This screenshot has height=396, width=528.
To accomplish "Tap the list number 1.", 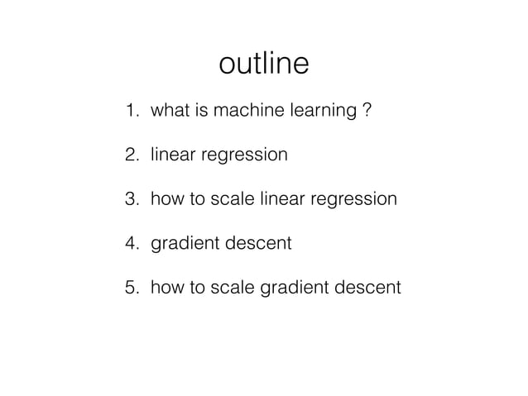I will [129, 110].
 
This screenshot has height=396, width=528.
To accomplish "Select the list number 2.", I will [130, 155].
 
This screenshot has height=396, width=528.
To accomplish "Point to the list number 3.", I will [130, 199].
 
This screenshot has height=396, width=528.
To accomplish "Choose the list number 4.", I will [130, 244].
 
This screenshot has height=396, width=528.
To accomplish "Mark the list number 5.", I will [130, 288].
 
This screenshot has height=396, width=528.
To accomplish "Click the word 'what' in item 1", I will [168, 110].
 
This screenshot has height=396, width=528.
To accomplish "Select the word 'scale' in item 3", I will [234, 199].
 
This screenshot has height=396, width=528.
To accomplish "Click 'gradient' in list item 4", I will [182, 245].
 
